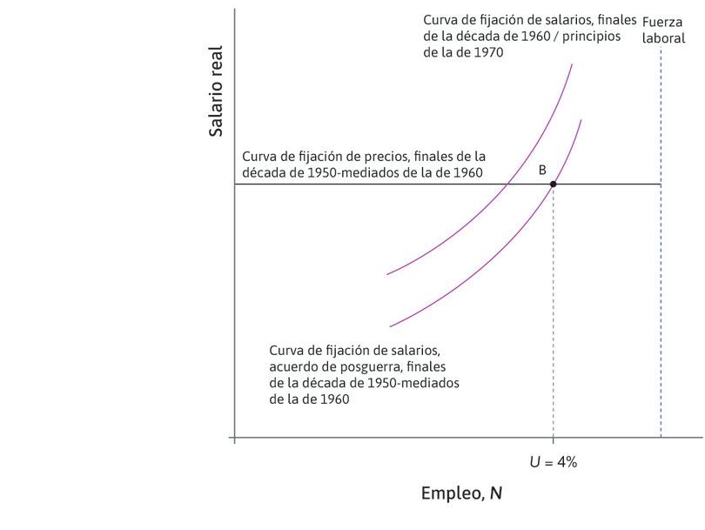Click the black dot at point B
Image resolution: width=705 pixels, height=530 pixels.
(553, 184)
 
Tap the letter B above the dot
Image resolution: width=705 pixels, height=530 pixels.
(542, 170)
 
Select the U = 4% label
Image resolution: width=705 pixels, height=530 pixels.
(553, 462)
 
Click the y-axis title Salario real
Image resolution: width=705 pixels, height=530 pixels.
(217, 91)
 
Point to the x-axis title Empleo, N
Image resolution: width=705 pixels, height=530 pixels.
(461, 493)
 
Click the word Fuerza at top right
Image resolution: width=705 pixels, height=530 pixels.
(662, 23)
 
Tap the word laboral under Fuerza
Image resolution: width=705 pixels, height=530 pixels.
(662, 38)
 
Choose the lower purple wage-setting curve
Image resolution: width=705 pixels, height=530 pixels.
(470, 278)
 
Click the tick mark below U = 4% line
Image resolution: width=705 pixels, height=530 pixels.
(553, 441)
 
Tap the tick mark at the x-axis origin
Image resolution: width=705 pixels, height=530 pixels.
(235, 441)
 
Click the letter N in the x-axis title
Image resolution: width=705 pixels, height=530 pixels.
(495, 493)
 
